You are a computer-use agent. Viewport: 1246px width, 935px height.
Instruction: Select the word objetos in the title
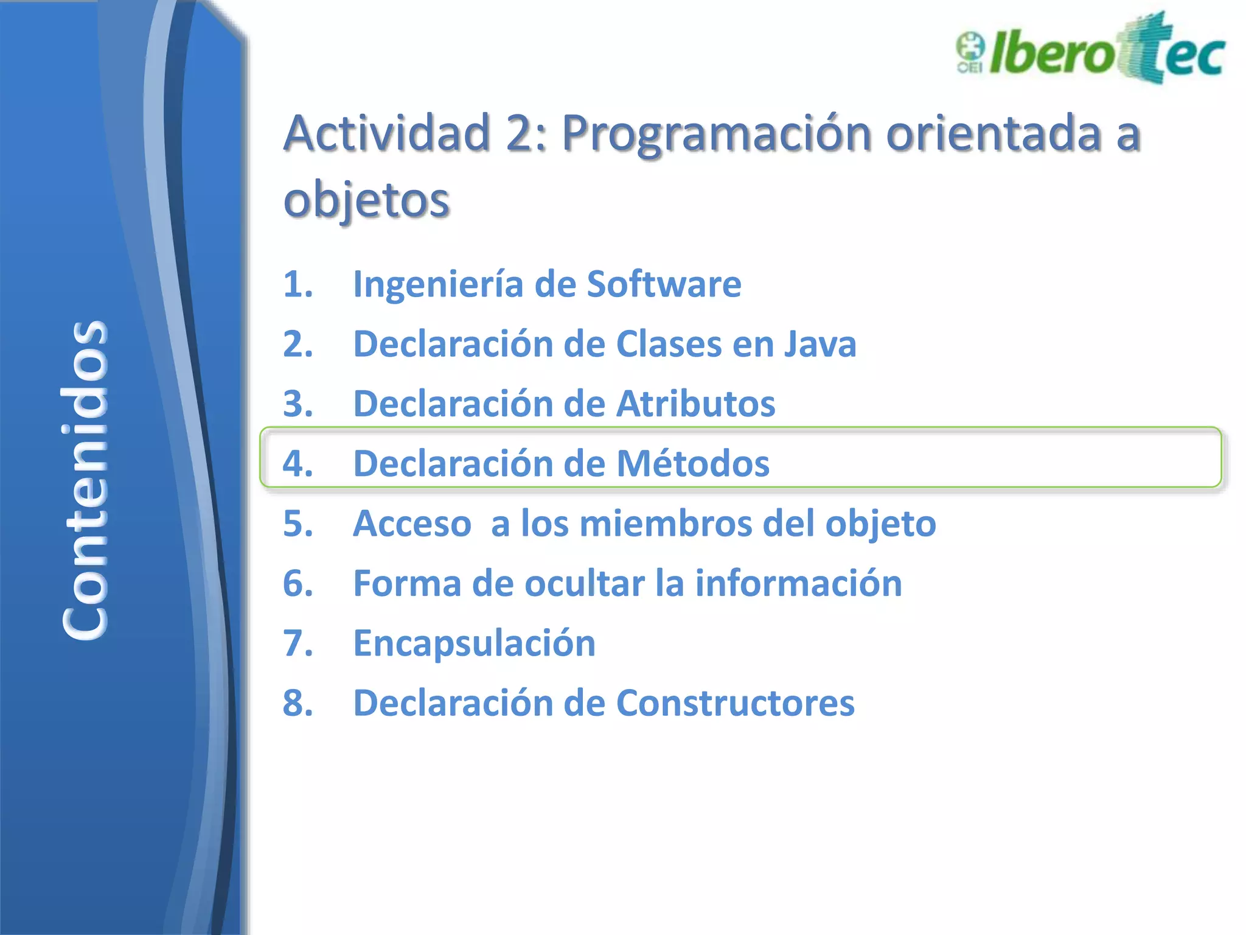coord(366,200)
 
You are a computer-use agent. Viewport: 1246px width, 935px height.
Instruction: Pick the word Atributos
coord(695,404)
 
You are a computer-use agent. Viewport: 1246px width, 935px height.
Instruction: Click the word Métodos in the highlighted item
coord(693,463)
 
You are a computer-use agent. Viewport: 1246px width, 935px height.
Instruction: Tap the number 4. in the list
coord(298,463)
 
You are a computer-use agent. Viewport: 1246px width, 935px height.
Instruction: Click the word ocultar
coord(584,583)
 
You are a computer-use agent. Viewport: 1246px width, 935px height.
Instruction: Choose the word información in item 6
coord(798,583)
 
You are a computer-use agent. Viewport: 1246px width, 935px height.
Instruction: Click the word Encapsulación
coord(474,643)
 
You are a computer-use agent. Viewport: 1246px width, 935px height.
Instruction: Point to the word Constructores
coord(735,703)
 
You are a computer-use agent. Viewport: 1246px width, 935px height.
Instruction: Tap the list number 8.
coord(298,703)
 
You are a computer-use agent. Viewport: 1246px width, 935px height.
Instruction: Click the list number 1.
coord(298,284)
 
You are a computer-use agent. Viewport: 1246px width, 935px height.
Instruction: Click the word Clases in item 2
coord(669,344)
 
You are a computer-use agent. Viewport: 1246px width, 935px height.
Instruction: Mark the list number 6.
coord(298,583)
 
